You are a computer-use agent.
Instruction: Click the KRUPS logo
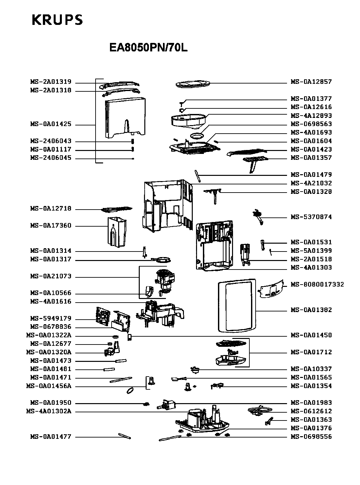tap(57, 20)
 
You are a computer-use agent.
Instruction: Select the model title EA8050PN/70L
tap(148, 47)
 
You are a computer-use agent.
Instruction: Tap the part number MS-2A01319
tap(51, 82)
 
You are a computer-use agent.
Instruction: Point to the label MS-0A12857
tap(311, 82)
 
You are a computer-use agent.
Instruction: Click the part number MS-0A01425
tap(51, 124)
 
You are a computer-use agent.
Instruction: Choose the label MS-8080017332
tap(317, 285)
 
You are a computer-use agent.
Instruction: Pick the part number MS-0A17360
tap(51, 225)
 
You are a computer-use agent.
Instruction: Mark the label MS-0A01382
tap(311, 310)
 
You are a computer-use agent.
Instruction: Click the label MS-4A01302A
tap(49, 411)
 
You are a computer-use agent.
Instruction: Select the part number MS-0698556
tap(311, 437)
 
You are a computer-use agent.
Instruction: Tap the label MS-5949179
tap(51, 318)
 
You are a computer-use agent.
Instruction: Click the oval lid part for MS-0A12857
tap(193, 84)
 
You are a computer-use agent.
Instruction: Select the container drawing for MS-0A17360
tap(117, 232)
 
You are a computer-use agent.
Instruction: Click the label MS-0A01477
tap(51, 437)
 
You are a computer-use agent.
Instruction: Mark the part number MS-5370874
tap(311, 217)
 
